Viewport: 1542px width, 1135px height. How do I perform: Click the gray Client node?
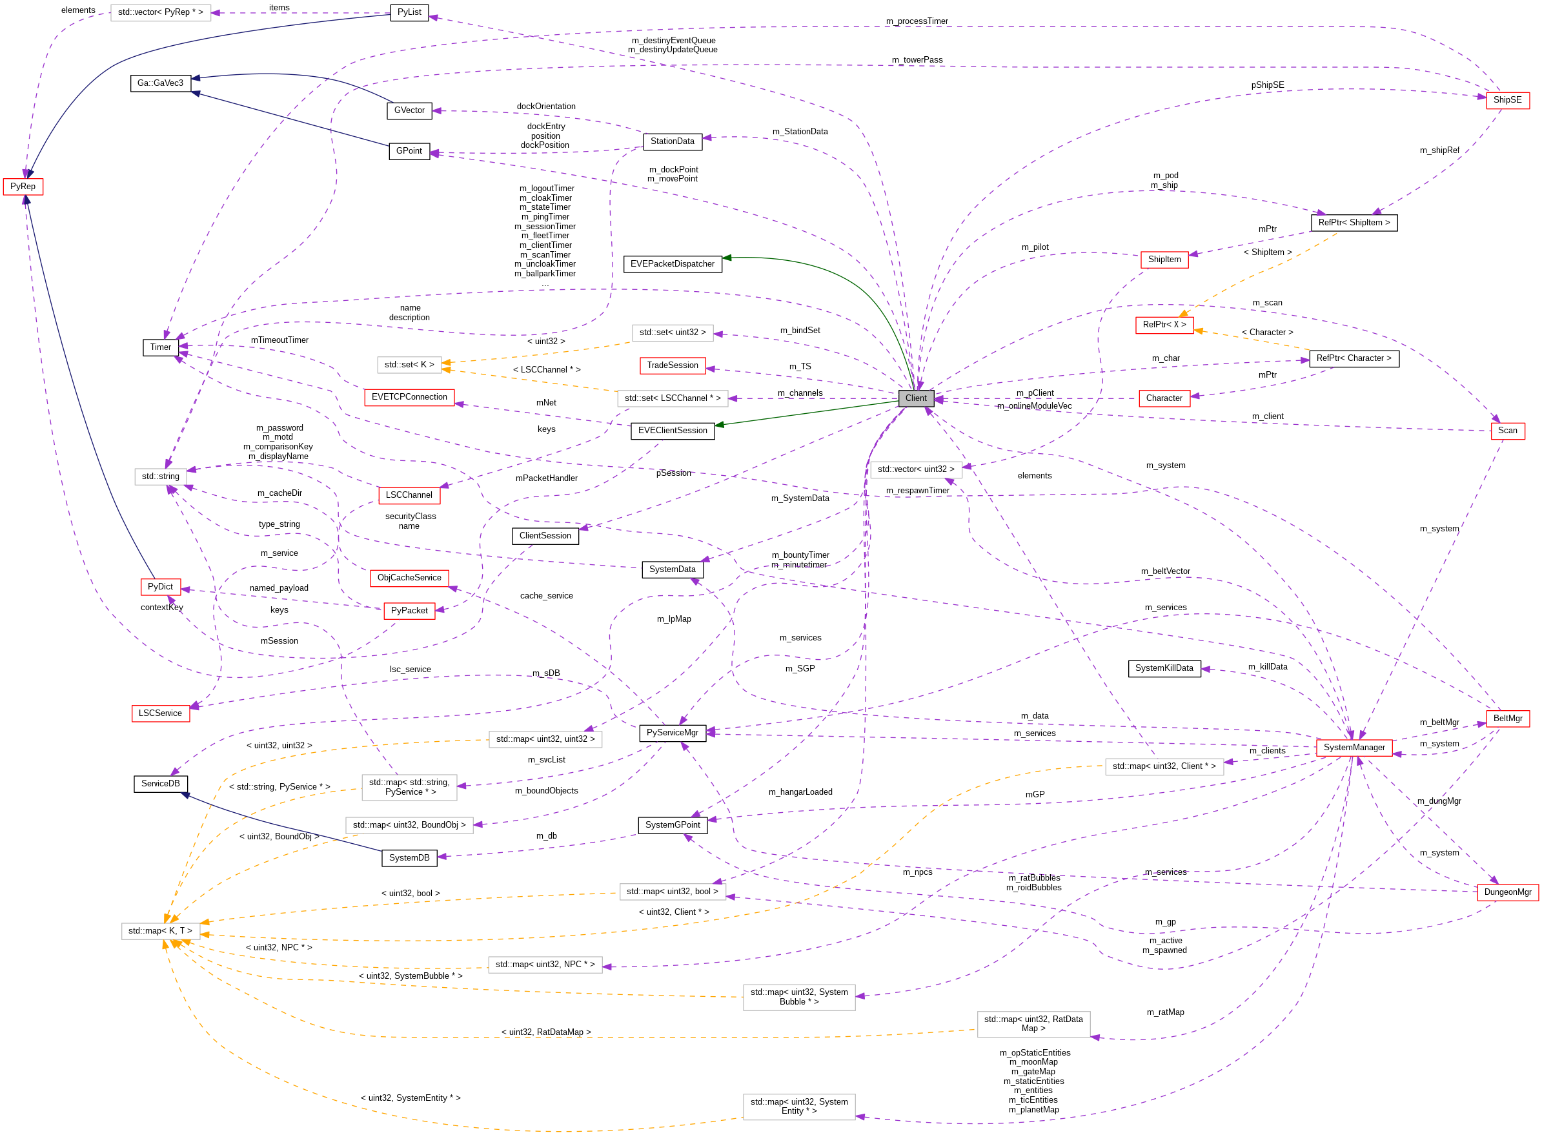click(916, 398)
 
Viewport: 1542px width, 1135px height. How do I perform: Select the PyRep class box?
click(23, 187)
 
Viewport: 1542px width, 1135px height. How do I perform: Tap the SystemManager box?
click(1353, 748)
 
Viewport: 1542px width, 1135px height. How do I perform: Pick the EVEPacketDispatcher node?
click(672, 264)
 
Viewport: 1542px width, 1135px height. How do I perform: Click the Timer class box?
click(160, 347)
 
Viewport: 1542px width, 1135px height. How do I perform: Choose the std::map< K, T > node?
click(160, 931)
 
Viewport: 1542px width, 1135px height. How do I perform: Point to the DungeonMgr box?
click(1507, 892)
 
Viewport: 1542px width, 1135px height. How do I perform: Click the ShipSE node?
click(1507, 100)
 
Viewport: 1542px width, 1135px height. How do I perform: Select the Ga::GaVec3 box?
click(160, 83)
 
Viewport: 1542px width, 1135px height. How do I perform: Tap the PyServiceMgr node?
click(672, 733)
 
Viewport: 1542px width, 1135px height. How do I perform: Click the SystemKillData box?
click(1164, 668)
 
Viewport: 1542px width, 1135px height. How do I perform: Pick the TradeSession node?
click(672, 365)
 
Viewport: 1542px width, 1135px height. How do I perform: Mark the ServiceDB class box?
click(160, 784)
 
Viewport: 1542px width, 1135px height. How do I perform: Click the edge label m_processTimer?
click(917, 21)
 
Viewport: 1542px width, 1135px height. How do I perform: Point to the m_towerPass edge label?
click(917, 60)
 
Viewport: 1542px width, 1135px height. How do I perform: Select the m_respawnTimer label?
click(917, 491)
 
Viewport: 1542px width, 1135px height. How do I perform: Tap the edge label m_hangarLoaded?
click(800, 792)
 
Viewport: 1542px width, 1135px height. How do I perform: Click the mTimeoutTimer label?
click(279, 340)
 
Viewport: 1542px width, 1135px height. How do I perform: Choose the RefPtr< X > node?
click(1164, 325)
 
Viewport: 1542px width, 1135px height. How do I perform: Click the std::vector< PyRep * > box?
click(160, 12)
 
